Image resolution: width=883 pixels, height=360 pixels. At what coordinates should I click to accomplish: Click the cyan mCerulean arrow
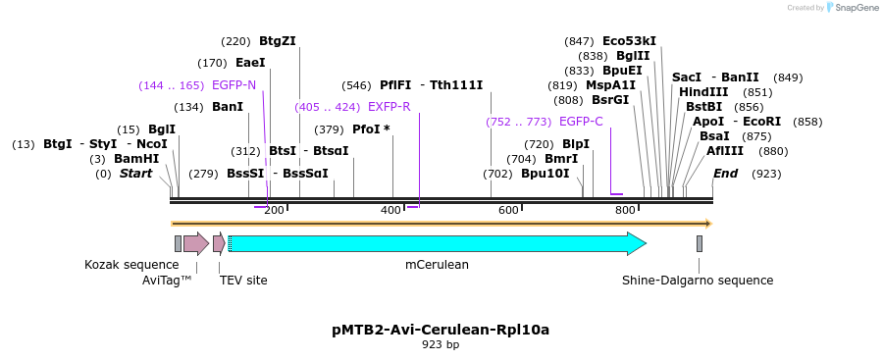coord(437,243)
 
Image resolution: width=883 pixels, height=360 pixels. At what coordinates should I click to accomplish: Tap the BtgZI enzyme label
coord(277,41)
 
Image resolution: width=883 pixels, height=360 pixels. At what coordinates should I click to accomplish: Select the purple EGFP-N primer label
coord(234,85)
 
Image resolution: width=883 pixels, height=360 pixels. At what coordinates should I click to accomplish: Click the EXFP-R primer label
coord(389,107)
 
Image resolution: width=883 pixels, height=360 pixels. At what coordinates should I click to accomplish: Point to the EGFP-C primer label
coord(581,122)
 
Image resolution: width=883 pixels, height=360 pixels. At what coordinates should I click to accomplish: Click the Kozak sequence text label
coord(131,265)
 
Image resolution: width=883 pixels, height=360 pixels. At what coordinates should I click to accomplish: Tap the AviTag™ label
coord(167,281)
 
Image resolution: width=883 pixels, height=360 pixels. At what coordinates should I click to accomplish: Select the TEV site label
coord(243,281)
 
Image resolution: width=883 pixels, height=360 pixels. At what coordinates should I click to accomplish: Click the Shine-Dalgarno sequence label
coord(698,281)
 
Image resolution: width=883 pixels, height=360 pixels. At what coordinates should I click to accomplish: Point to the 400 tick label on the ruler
coord(390,211)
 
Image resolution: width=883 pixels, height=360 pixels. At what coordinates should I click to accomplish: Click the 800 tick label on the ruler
coord(625,211)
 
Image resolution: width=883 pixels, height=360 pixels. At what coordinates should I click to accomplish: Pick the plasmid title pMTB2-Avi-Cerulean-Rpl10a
coord(441,330)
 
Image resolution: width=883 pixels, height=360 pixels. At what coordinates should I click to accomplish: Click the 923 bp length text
coord(441,345)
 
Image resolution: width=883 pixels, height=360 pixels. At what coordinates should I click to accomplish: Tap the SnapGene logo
coord(851,8)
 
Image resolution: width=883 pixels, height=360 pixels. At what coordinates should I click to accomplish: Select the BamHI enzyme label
coord(135,158)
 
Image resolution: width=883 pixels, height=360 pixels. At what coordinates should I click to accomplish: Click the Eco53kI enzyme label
coord(629,41)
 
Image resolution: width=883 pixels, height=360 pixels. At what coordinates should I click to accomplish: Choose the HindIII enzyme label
coord(703,92)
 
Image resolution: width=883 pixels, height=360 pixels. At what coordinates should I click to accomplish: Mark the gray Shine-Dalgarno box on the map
coord(700,243)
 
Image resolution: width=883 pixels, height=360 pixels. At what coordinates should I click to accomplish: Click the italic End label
coord(725,174)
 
